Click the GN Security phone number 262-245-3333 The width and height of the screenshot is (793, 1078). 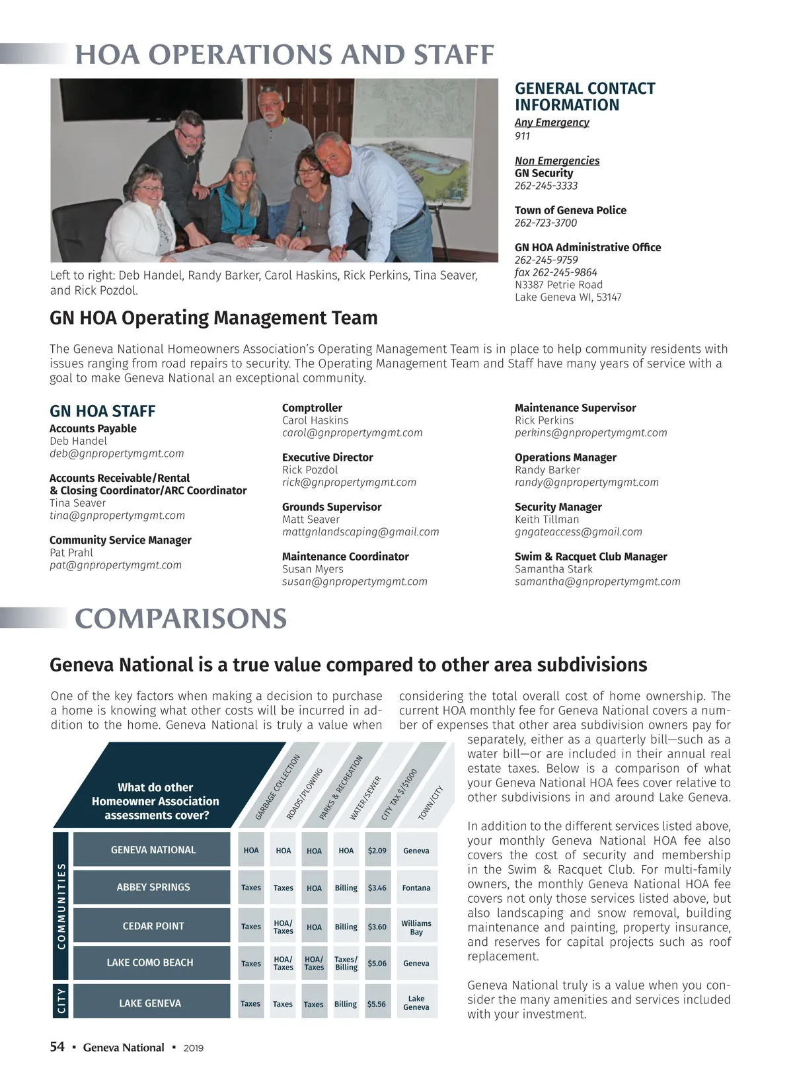pyautogui.click(x=546, y=186)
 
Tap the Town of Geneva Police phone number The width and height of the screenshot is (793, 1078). pyautogui.click(x=545, y=223)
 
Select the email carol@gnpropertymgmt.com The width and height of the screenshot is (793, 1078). pyautogui.click(x=352, y=433)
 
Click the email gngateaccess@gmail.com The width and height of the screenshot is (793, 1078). pyautogui.click(x=578, y=532)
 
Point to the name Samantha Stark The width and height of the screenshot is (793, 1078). pyautogui.click(x=553, y=569)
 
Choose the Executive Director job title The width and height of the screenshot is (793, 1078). pyautogui.click(x=327, y=457)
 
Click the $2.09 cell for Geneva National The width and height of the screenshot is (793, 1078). pyautogui.click(x=377, y=851)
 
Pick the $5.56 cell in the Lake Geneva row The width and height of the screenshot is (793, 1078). pyautogui.click(x=377, y=1004)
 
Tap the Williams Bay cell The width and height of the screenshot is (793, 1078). pyautogui.click(x=416, y=927)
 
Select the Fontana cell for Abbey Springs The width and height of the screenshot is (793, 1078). pyautogui.click(x=416, y=888)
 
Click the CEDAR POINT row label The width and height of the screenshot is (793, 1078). pyautogui.click(x=153, y=926)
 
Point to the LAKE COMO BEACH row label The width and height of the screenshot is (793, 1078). pyautogui.click(x=150, y=963)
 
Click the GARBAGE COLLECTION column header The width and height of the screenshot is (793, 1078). pyautogui.click(x=278, y=787)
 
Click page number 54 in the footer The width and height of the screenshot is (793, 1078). pyautogui.click(x=57, y=1047)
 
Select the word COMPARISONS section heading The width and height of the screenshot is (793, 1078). pyautogui.click(x=180, y=619)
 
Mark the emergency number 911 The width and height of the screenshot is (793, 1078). pyautogui.click(x=522, y=136)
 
